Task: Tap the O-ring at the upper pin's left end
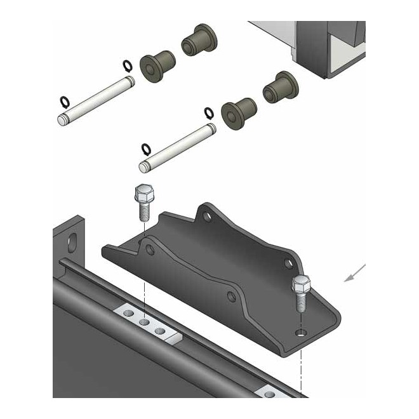point(64,102)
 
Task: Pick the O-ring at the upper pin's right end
point(127,65)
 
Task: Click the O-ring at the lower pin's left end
point(146,149)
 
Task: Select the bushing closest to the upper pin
point(156,65)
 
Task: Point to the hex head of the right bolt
point(301,283)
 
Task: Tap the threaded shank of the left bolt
point(143,211)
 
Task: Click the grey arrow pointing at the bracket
point(354,272)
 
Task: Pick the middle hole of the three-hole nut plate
point(145,322)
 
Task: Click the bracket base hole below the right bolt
point(300,332)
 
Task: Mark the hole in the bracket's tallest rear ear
point(206,217)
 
